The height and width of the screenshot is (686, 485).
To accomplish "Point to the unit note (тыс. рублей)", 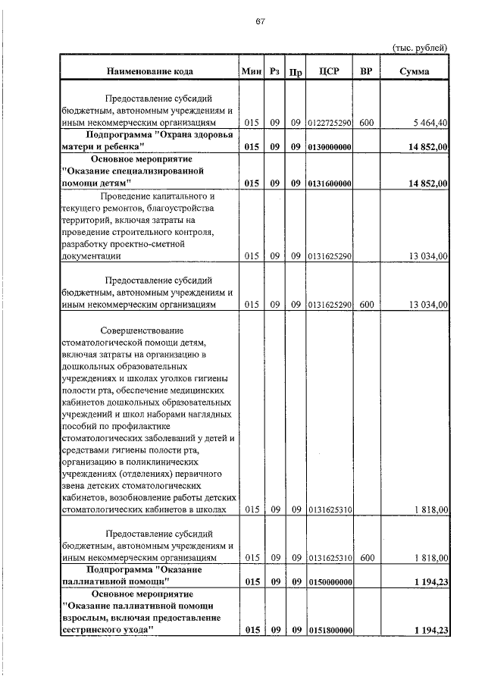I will [420, 47].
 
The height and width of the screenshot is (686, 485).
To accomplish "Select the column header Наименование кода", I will [149, 71].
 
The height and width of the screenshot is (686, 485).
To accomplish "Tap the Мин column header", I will [251, 71].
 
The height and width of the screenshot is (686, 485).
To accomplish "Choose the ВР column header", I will [367, 71].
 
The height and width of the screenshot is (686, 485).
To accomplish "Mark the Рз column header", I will [275, 71].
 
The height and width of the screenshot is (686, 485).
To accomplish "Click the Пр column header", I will [296, 72].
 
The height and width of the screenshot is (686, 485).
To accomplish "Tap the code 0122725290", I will [330, 122].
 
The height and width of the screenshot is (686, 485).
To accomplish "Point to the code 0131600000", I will [330, 183].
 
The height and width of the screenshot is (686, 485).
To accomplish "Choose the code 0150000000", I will [330, 581].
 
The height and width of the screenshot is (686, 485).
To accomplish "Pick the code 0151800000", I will [330, 631].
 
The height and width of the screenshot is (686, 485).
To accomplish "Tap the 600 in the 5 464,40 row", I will [367, 122].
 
